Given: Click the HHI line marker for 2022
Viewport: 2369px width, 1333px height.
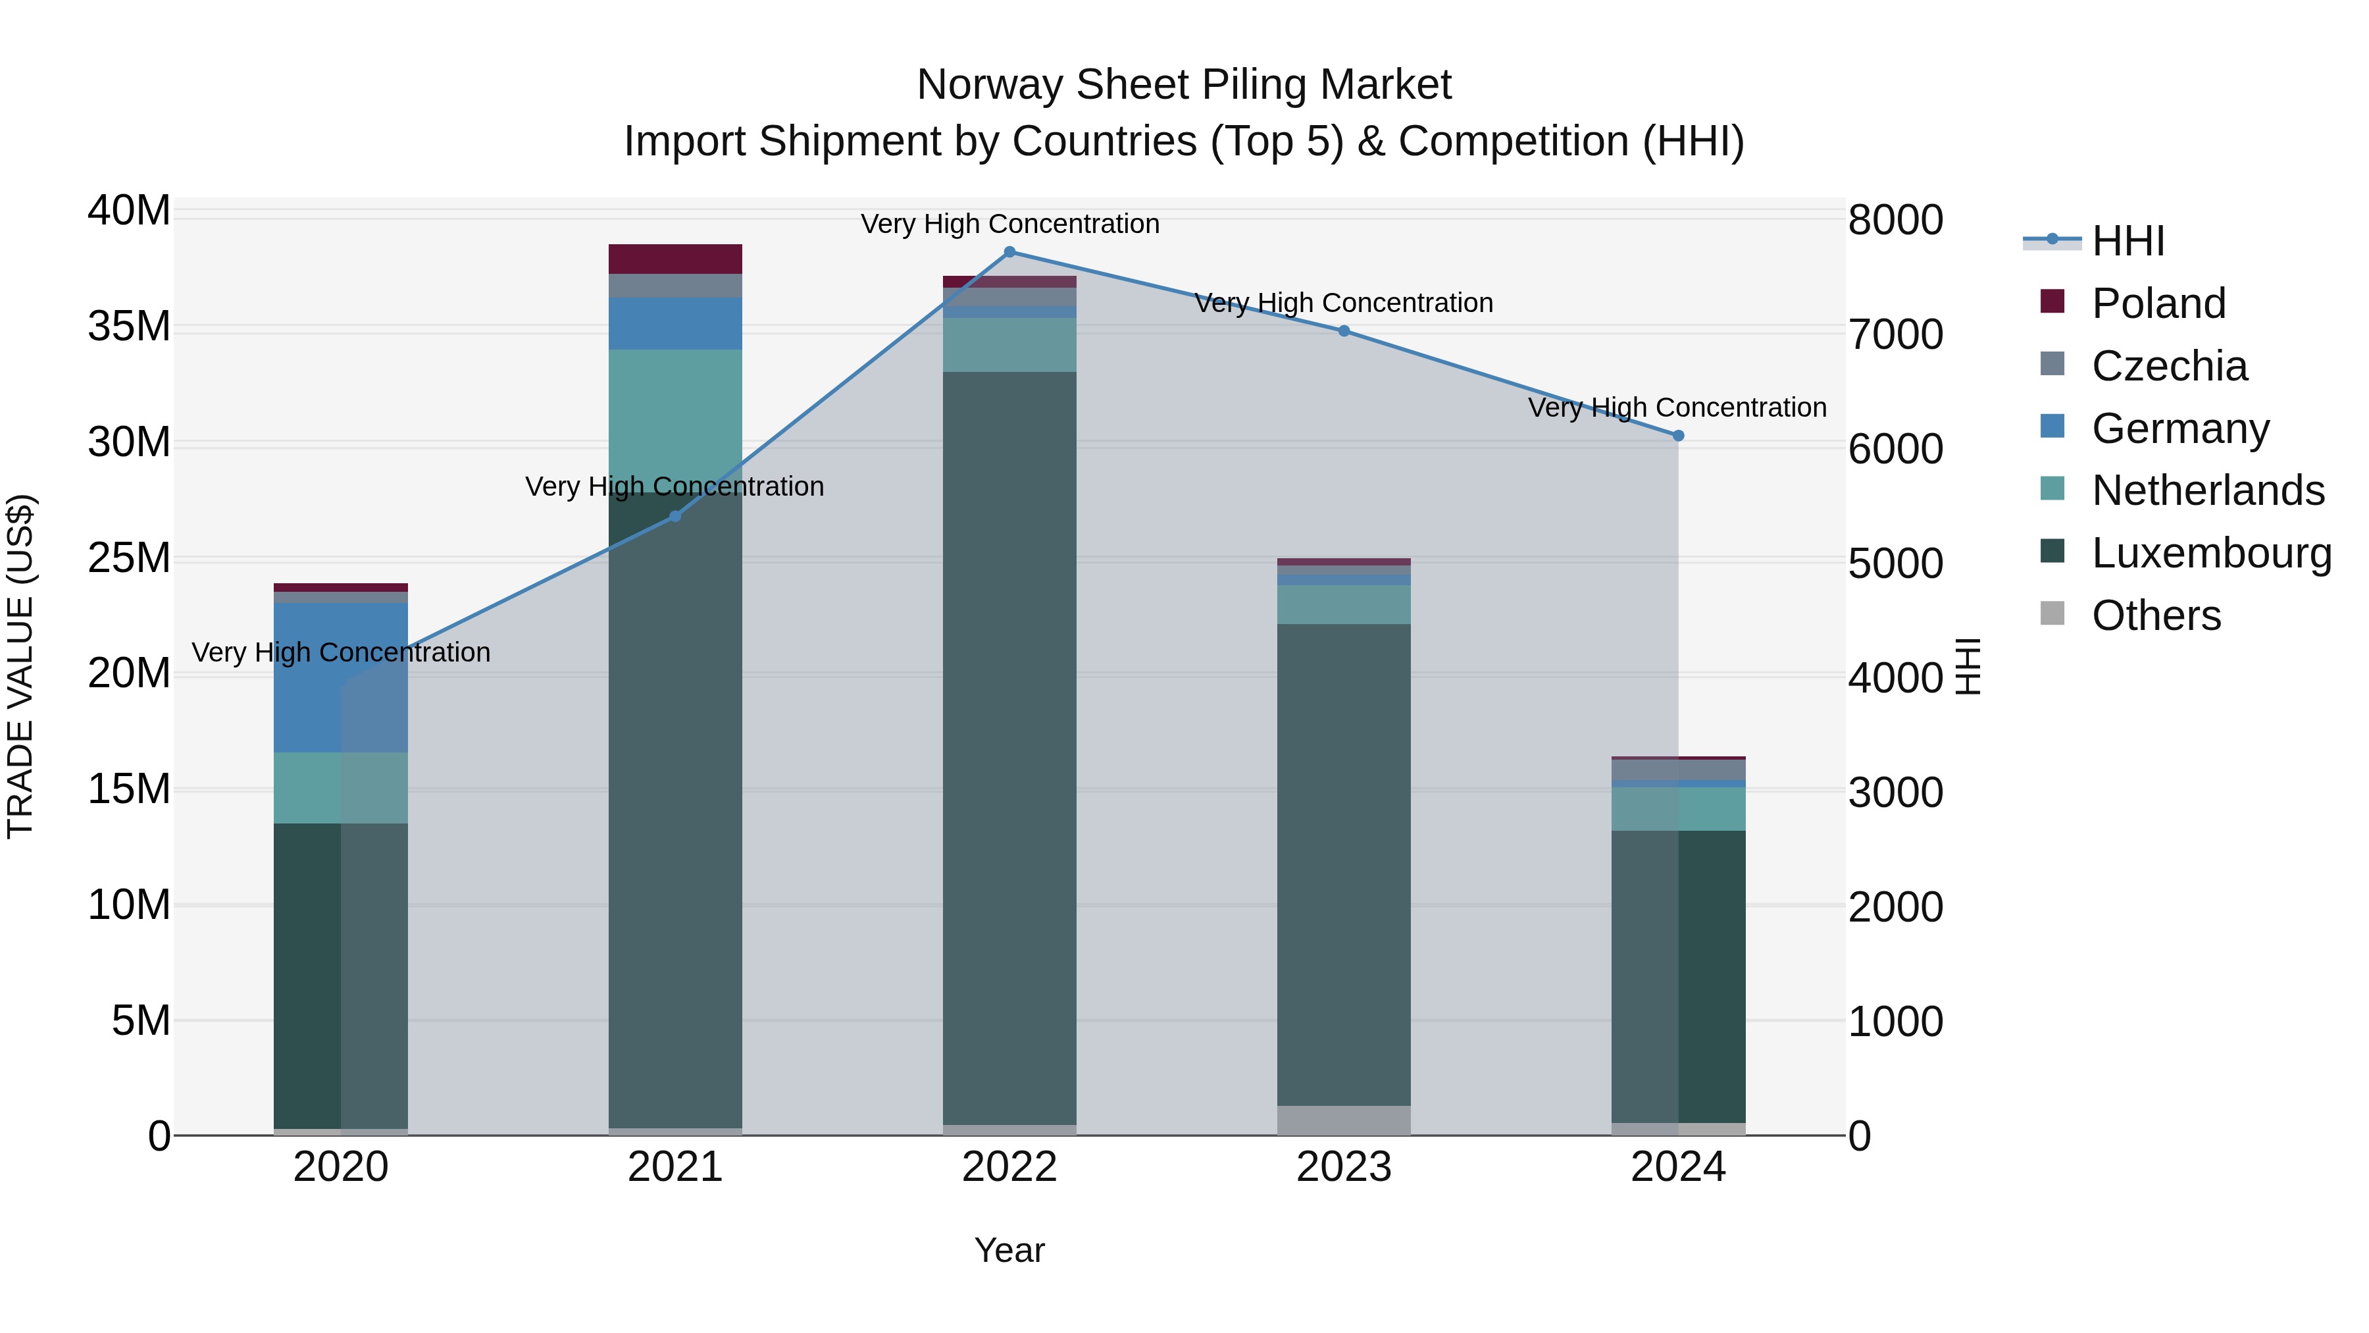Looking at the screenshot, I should (x=1009, y=252).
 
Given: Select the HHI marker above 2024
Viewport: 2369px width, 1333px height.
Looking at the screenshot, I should (x=1677, y=436).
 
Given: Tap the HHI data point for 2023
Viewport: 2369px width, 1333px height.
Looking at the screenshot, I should (x=1344, y=331).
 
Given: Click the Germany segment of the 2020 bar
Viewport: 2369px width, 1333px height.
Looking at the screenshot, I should (x=340, y=677).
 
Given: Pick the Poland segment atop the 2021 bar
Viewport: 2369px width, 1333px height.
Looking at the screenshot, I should (x=675, y=259).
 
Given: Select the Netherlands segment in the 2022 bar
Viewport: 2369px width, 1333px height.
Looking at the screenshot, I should (x=1009, y=345).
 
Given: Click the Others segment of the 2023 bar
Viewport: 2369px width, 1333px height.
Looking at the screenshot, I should (x=1344, y=1120).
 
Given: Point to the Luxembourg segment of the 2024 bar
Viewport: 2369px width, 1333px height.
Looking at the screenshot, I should (x=1677, y=975).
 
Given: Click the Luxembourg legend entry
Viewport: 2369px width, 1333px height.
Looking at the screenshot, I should (x=2211, y=553).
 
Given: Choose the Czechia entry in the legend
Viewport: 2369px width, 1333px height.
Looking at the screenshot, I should (x=2168, y=366).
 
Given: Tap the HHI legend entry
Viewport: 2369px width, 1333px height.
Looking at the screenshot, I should (x=2127, y=241).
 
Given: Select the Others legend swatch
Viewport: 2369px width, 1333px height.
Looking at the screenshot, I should (x=2052, y=614).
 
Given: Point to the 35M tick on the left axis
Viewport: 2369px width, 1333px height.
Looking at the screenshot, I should (x=129, y=327).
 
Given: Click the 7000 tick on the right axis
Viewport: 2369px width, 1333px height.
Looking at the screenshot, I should (x=1895, y=335).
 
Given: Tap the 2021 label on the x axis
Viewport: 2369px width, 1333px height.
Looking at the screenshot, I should (x=675, y=1167).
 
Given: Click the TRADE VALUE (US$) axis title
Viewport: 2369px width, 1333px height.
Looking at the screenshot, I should (x=20, y=666).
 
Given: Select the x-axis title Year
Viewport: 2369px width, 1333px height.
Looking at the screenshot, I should (x=1009, y=1250).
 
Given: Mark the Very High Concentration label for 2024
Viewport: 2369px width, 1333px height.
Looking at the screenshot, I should (x=1677, y=407).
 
